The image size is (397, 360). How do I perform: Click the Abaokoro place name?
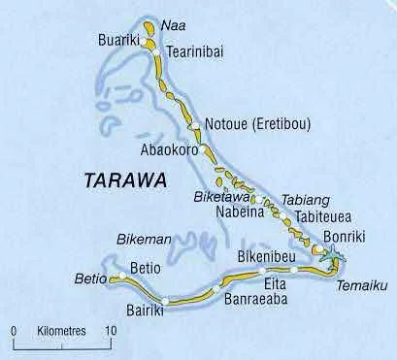pos(171,151)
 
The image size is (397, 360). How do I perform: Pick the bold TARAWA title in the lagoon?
pos(123,180)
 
